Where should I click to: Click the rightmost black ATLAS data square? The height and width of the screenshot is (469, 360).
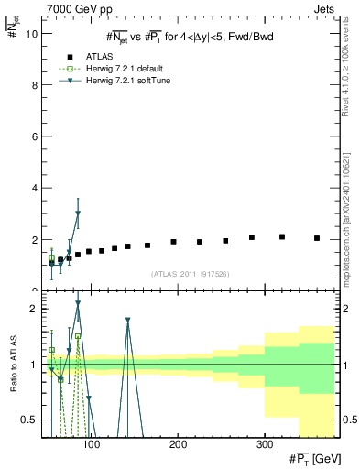317,238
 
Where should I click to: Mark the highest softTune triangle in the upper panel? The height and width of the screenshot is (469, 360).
78,213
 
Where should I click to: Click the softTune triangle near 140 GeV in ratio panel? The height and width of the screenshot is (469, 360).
128,321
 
